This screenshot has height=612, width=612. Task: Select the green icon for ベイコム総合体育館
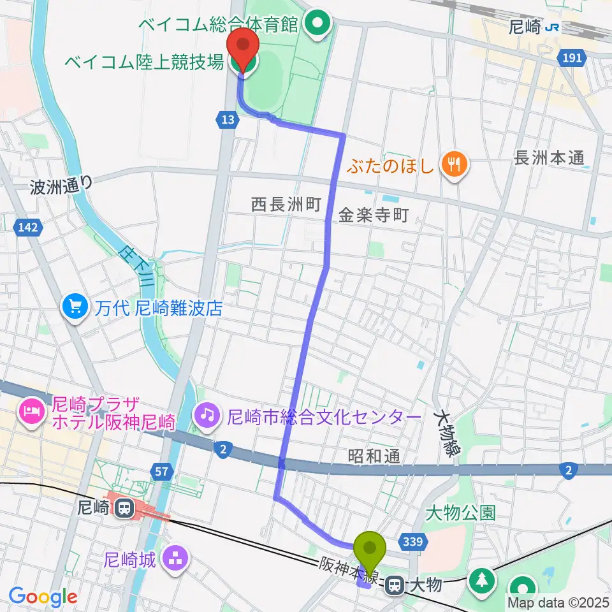tap(316, 25)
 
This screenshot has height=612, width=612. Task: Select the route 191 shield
tap(572, 58)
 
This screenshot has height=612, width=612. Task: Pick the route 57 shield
tap(162, 472)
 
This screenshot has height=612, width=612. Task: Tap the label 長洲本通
tap(550, 159)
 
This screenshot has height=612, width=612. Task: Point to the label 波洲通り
tap(61, 186)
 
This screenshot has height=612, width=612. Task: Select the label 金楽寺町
tap(373, 215)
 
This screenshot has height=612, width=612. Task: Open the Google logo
tap(43, 597)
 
